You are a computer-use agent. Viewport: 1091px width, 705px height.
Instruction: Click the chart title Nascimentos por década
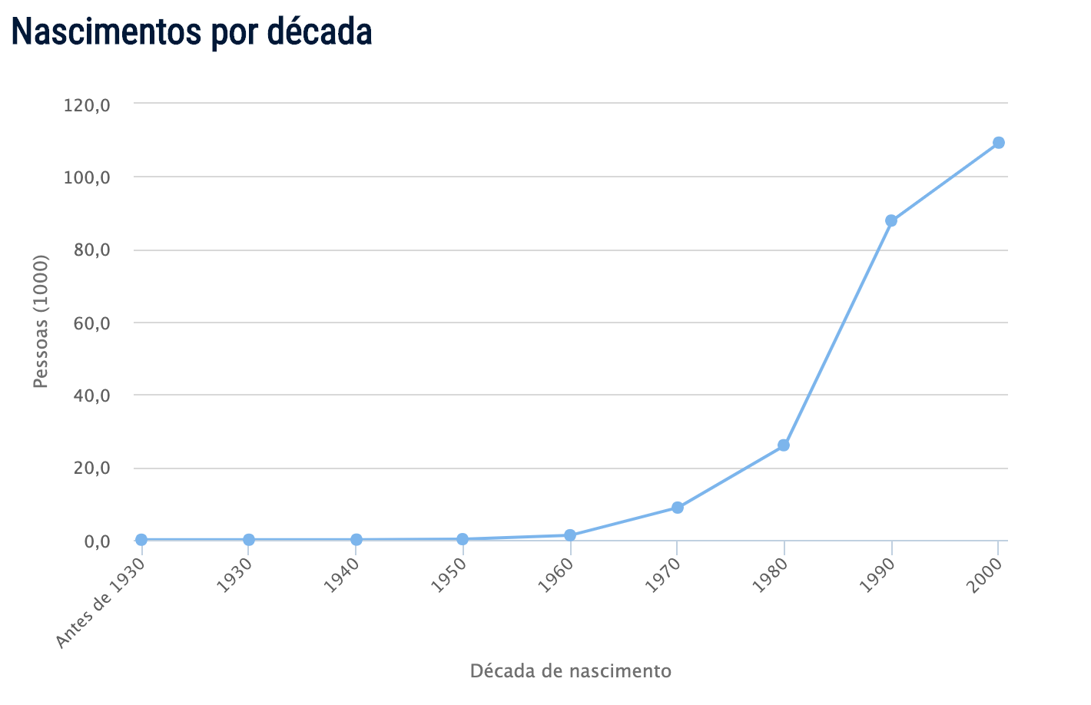point(191,31)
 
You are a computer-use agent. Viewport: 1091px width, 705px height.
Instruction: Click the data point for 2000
point(998,143)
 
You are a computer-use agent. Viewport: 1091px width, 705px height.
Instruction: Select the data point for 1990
point(890,220)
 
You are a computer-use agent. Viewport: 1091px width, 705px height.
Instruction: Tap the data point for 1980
point(784,445)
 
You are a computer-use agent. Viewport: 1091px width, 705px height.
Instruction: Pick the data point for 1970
point(677,508)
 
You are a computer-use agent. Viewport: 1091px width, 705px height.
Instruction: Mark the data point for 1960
point(569,535)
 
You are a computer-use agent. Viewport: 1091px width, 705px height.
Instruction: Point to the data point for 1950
point(463,539)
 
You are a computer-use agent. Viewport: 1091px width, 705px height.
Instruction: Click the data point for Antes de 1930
point(141,540)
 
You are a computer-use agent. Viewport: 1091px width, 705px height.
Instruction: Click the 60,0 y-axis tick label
point(92,323)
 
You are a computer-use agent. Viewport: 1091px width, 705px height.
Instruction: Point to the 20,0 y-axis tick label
point(92,468)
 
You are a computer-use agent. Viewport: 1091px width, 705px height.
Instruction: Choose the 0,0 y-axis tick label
point(96,541)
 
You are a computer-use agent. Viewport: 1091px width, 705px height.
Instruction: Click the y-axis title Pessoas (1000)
point(41,322)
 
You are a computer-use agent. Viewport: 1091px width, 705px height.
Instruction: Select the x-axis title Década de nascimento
point(570,671)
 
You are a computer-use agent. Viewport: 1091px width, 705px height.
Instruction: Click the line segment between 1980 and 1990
point(837,333)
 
